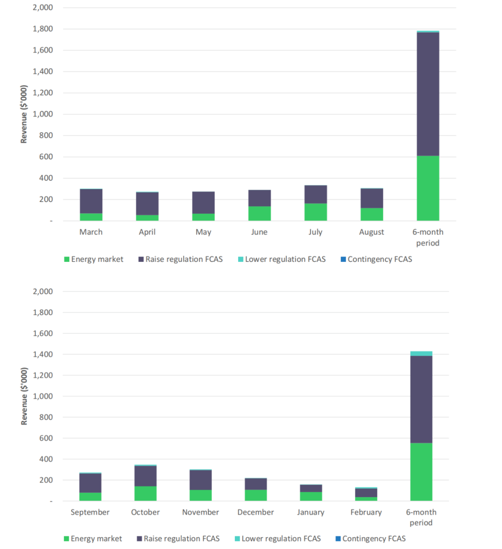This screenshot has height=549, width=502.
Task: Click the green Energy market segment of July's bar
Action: click(315, 212)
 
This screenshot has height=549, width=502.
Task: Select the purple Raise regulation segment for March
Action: click(91, 201)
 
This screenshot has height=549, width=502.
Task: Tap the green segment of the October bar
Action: click(145, 493)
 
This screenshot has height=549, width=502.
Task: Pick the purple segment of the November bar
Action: click(200, 480)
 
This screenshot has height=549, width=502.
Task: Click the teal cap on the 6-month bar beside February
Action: click(421, 354)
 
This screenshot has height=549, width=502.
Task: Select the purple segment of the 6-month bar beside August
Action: click(428, 94)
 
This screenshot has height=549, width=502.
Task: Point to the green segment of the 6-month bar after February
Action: click(421, 472)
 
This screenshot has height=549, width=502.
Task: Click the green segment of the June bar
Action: click(259, 213)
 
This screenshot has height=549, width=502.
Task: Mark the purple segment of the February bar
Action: click(366, 493)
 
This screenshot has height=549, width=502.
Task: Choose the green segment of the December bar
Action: click(255, 495)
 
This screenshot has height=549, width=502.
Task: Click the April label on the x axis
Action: click(147, 232)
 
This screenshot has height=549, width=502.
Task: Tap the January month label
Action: click(310, 512)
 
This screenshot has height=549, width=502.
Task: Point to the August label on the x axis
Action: click(371, 232)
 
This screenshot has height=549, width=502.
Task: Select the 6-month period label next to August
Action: click(428, 237)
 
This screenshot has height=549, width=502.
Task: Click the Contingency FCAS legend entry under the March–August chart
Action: click(376, 259)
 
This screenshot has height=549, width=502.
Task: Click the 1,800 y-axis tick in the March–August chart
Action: click(43, 29)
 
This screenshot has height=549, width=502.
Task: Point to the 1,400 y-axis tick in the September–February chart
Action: click(43, 354)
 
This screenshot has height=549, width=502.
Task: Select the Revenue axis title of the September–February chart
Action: click(24, 396)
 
